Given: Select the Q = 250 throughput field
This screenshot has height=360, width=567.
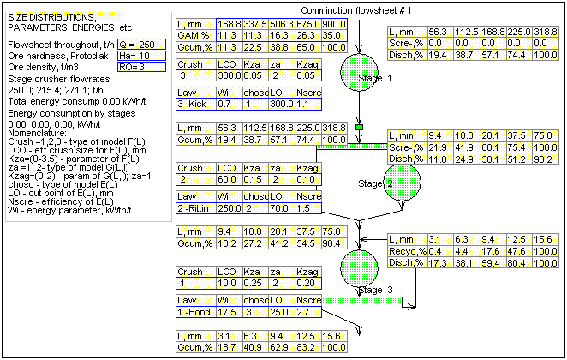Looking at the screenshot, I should (x=135, y=44).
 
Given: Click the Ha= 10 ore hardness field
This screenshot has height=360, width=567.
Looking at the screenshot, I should (x=135, y=55).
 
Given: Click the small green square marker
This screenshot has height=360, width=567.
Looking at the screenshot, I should (x=361, y=127).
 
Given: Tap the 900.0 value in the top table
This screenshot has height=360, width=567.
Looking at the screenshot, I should (x=334, y=24).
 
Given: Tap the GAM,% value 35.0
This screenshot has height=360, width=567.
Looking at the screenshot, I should (x=334, y=35).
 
